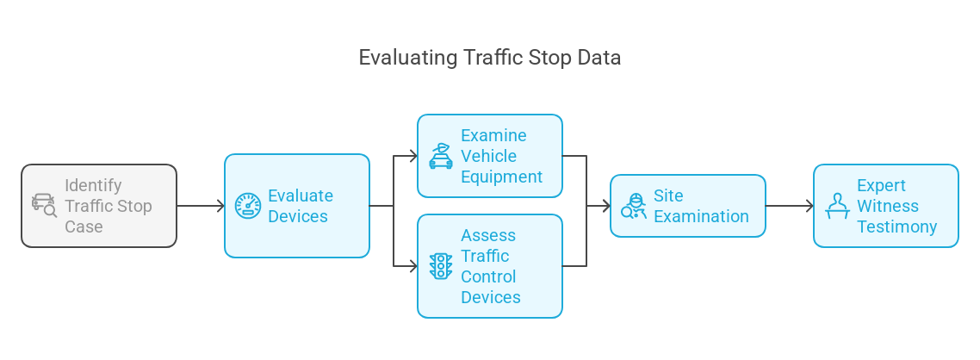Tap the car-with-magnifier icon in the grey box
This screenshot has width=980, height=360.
44,205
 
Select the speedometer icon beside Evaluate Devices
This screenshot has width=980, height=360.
248,206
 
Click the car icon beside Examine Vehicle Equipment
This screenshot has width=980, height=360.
441,156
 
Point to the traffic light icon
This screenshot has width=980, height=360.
440,266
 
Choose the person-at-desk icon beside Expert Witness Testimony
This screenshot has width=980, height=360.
835,206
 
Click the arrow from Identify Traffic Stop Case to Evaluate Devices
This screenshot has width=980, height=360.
201,206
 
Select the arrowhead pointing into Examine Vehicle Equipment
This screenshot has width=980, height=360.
412,156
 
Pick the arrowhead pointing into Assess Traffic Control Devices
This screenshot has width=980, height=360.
412,266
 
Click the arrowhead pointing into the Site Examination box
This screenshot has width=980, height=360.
605,206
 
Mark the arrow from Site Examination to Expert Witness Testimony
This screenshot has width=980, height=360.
790,206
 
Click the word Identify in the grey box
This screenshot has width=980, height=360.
93,185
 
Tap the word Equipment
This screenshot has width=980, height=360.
501,177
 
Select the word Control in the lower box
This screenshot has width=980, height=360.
488,276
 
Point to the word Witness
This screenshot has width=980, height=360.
887,206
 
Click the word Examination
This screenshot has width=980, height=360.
701,216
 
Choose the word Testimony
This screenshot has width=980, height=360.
896,227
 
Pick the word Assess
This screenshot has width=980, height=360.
488,235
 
